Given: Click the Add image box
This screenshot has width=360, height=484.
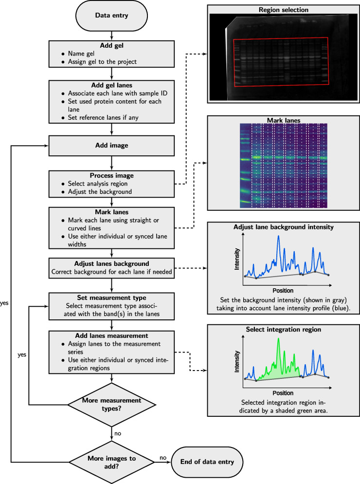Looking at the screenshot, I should click(112, 145).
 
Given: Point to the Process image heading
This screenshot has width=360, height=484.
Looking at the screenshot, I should click(112, 175).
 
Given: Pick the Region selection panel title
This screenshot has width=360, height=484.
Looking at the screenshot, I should click(277, 9).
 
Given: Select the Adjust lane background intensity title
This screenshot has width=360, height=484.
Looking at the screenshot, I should click(277, 226).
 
